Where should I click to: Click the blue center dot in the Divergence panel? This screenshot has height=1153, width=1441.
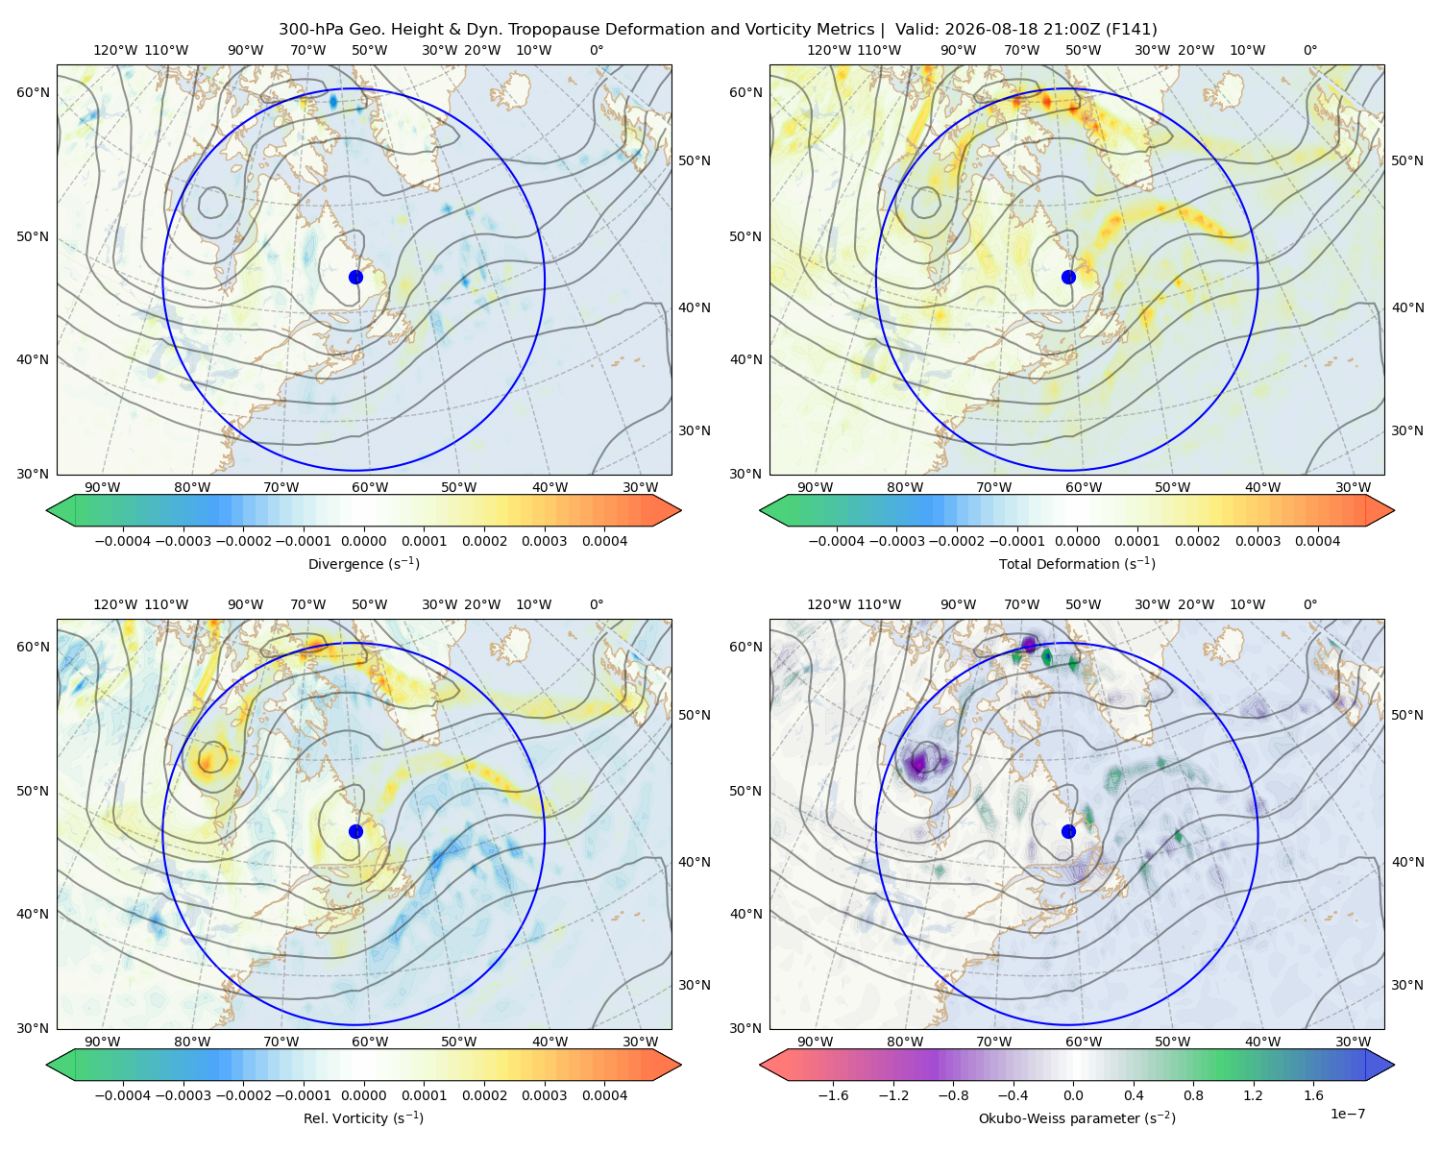pyautogui.click(x=355, y=278)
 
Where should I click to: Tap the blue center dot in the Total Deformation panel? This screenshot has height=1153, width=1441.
pyautogui.click(x=1068, y=278)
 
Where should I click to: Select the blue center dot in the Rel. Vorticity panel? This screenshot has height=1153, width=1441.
pyautogui.click(x=355, y=831)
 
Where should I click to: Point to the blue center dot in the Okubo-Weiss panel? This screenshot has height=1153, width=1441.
pyautogui.click(x=1068, y=831)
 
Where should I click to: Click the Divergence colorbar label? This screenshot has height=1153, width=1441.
pyautogui.click(x=363, y=564)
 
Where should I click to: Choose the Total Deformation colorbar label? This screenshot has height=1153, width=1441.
pyautogui.click(x=1077, y=564)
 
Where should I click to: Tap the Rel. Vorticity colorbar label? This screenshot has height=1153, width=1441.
pyautogui.click(x=363, y=1118)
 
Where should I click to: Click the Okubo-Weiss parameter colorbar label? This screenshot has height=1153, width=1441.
pyautogui.click(x=1077, y=1118)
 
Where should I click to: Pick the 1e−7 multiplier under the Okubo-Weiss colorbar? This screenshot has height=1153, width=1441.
pyautogui.click(x=1347, y=1115)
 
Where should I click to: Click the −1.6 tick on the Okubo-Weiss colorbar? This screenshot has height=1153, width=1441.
pyautogui.click(x=833, y=1095)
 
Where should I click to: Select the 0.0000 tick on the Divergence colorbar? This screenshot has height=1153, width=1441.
pyautogui.click(x=363, y=541)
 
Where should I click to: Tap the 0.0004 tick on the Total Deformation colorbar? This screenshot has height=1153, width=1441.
pyautogui.click(x=1318, y=541)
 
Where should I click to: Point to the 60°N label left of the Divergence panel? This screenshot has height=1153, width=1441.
pyautogui.click(x=33, y=92)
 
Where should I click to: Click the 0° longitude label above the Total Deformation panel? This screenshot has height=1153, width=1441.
pyautogui.click(x=1310, y=50)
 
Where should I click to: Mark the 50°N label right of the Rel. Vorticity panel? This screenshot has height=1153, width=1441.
pyautogui.click(x=695, y=715)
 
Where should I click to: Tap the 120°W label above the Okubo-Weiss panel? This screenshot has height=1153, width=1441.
pyautogui.click(x=829, y=604)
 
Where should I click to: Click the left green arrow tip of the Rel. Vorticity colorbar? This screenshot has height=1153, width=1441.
pyautogui.click(x=47, y=1065)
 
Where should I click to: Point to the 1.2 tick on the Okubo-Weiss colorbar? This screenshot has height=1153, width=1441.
pyautogui.click(x=1254, y=1095)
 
